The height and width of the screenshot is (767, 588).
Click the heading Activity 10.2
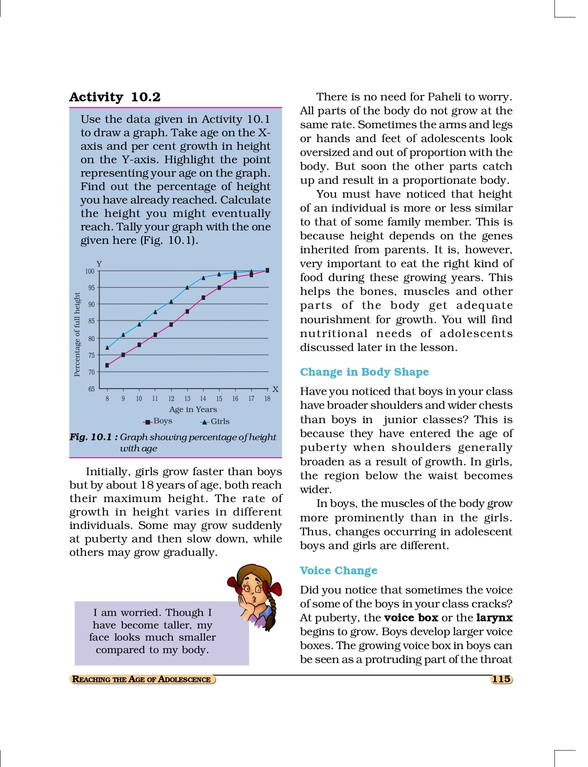click(115, 97)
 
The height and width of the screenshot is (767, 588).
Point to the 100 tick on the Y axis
click(90, 271)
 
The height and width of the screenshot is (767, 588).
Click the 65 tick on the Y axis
click(91, 389)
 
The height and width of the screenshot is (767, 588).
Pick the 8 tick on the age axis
click(107, 399)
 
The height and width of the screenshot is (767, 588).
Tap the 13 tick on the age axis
click(187, 399)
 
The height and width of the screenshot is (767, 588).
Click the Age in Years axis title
click(193, 409)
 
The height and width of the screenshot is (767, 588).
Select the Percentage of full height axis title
click(77, 334)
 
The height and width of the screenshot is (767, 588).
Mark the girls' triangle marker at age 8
click(107, 347)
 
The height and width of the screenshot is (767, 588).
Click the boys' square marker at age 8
click(107, 365)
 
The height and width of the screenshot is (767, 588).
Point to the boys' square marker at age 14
click(203, 298)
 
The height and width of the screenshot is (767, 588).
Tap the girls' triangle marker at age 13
click(187, 287)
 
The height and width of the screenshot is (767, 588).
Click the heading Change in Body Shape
click(364, 372)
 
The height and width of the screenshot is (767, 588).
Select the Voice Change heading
click(339, 571)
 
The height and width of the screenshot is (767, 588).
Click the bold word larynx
click(494, 618)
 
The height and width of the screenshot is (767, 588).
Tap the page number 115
click(501, 679)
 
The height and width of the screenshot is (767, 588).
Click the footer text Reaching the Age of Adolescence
click(142, 680)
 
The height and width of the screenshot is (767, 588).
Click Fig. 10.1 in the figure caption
click(90, 437)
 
